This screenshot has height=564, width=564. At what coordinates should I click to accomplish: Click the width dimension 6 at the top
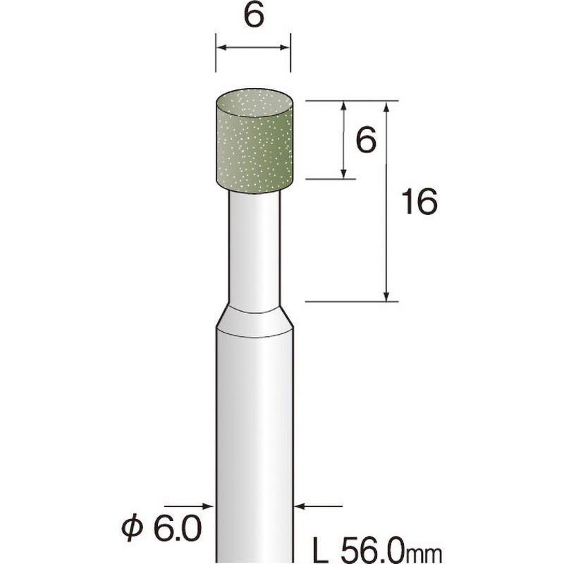pos(254,16)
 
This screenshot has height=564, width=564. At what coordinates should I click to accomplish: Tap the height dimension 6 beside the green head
pos(366,140)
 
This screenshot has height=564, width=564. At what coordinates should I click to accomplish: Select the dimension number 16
pos(419,202)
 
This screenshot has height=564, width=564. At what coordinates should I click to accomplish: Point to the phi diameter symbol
pos(132,529)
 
